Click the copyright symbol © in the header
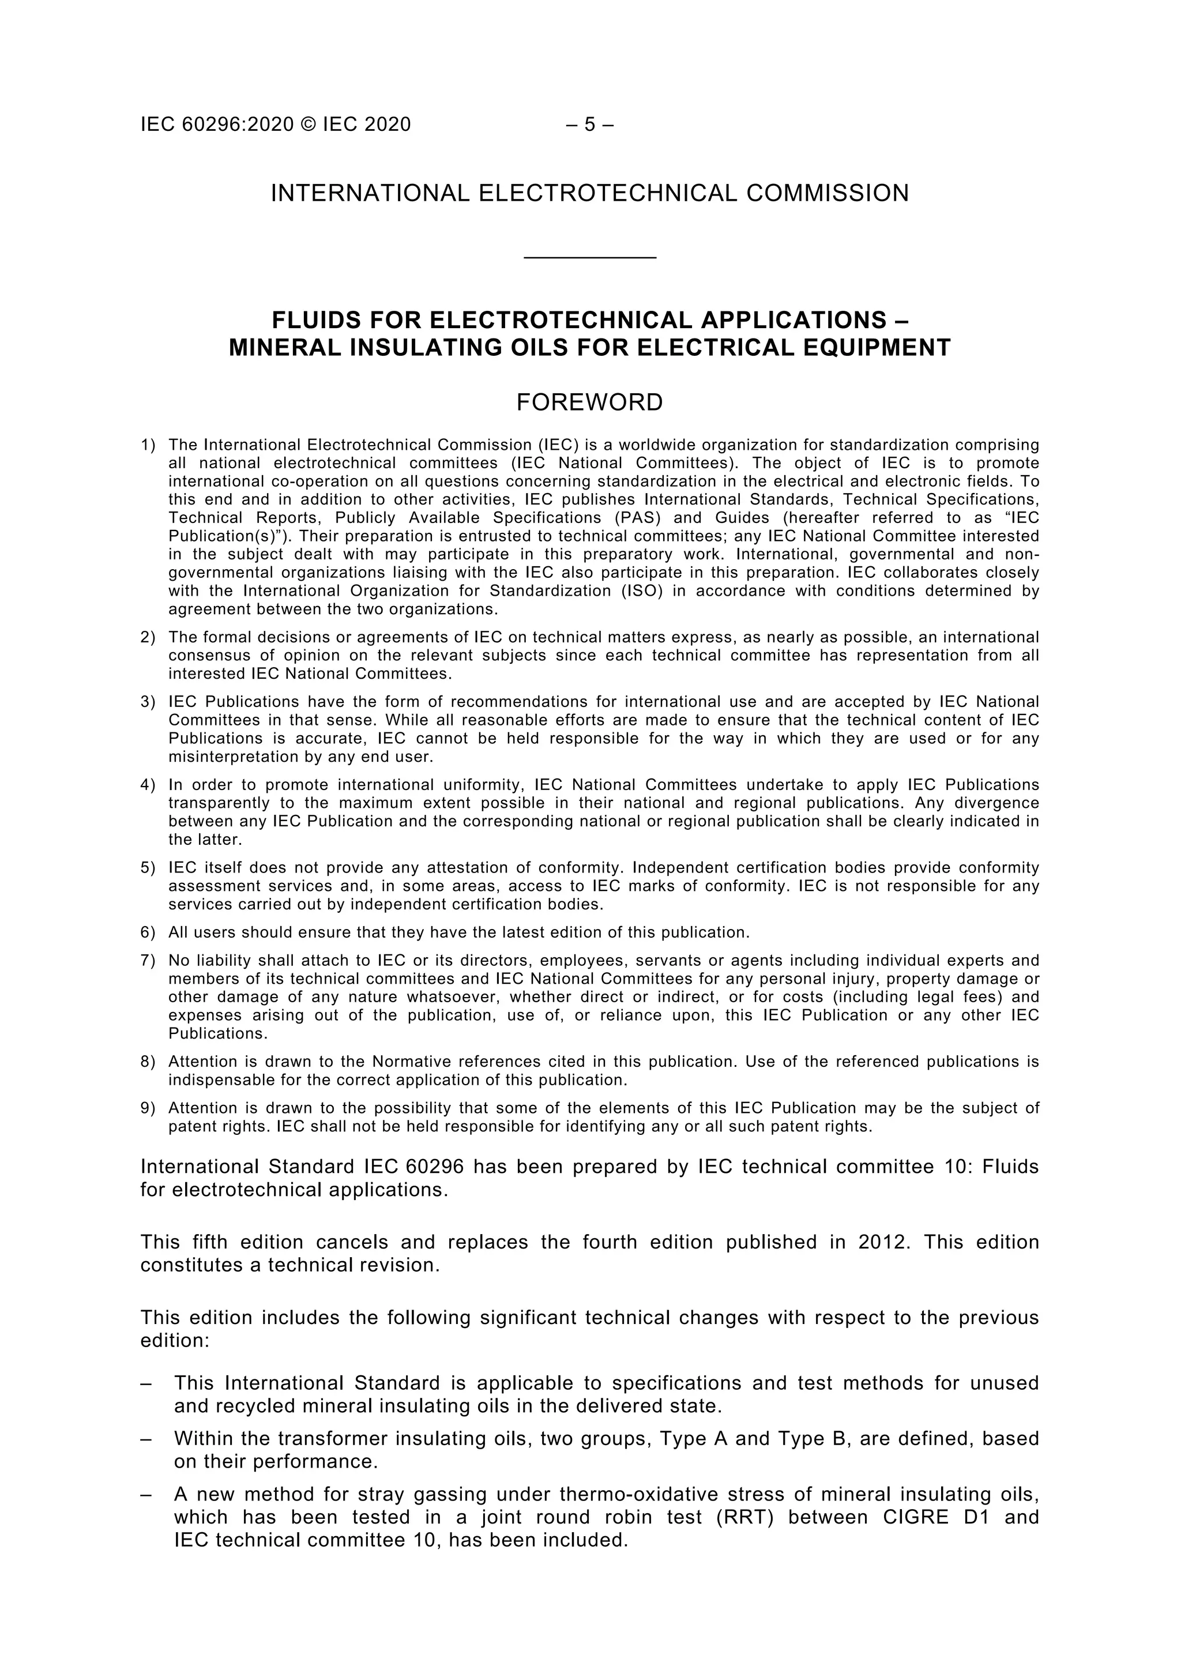pyautogui.click(x=309, y=125)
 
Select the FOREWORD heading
pyautogui.click(x=590, y=403)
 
